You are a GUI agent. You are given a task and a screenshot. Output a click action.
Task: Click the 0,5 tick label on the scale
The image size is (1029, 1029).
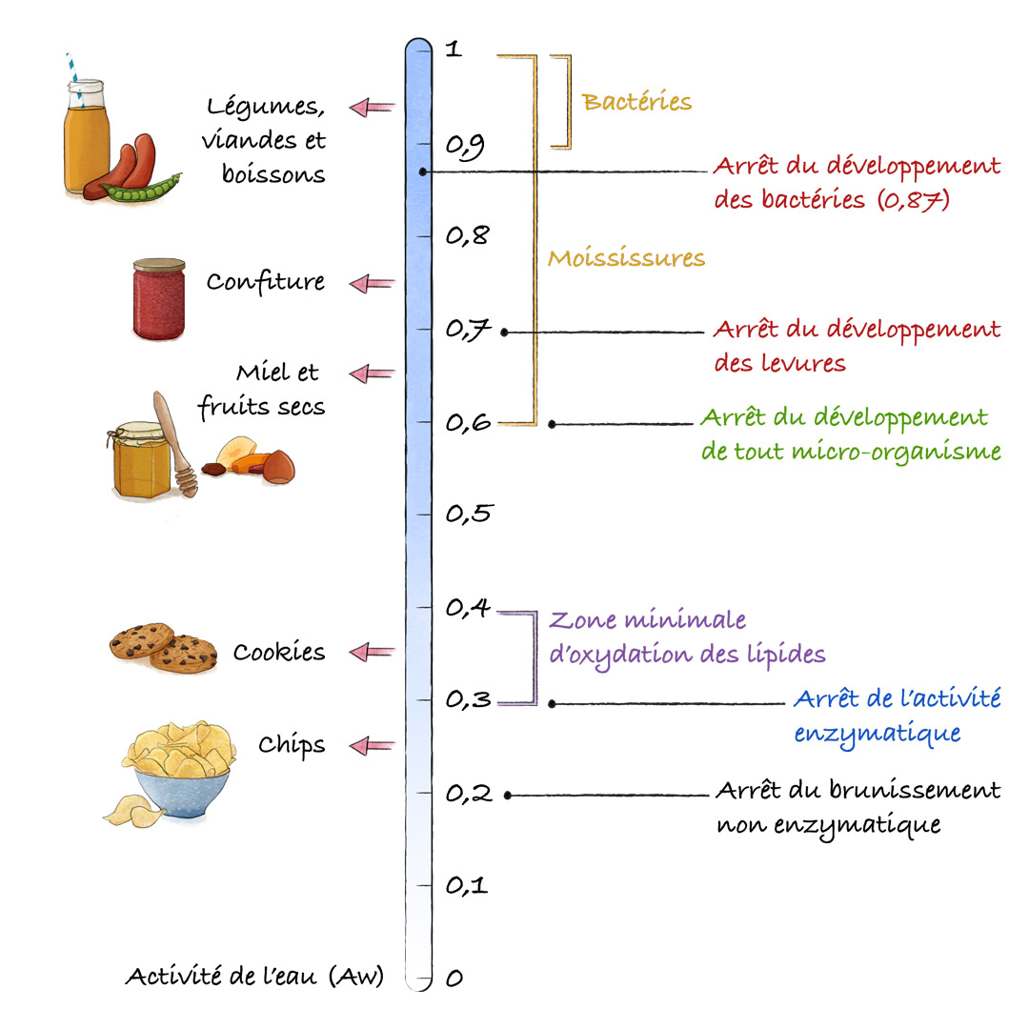469,514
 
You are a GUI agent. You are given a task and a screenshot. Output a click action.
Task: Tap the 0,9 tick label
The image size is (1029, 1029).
465,147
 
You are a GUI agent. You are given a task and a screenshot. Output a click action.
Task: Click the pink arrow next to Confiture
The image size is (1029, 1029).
373,284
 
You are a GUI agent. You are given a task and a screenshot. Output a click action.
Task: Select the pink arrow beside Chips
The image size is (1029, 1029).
373,745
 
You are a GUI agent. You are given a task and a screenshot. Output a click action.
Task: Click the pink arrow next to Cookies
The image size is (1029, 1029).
373,653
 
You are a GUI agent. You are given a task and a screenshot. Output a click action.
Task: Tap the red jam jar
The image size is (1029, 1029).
159,299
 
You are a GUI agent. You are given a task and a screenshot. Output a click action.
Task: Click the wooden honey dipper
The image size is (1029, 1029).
175,443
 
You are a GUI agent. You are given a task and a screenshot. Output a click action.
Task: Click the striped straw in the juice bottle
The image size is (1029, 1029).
74,77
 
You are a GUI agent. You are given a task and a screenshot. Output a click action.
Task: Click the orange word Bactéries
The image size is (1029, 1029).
636,102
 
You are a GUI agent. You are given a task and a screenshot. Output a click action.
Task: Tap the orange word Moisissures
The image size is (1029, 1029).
627,258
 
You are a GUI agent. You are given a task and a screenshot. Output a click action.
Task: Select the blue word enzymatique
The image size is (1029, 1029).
878,734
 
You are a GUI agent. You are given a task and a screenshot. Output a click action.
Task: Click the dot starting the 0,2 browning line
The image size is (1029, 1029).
507,796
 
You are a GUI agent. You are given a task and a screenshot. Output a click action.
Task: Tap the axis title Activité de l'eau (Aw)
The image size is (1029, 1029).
254,977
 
